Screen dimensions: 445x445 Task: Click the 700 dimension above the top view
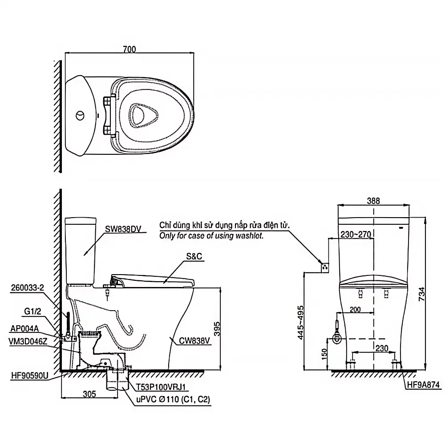(129, 49)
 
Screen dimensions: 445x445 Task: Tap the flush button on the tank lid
(80, 116)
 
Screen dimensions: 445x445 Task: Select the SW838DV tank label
(123, 229)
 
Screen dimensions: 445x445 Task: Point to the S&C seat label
(194, 256)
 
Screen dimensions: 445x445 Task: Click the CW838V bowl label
(194, 340)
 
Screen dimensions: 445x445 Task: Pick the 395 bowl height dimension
(217, 329)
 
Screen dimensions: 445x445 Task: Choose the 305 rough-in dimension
(89, 394)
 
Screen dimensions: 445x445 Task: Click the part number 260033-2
(28, 287)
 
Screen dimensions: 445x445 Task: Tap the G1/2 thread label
(32, 311)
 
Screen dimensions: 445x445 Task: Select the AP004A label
(24, 329)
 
